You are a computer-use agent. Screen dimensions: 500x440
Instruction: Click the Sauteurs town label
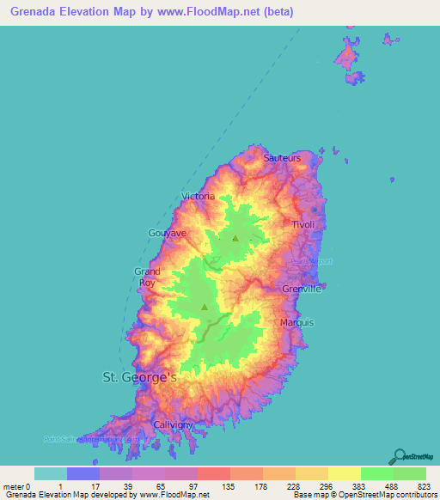point(282,158)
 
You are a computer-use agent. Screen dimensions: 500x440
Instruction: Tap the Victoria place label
point(198,197)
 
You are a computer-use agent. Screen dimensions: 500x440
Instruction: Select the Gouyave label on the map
point(168,233)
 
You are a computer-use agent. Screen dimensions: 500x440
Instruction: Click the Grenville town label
point(302,290)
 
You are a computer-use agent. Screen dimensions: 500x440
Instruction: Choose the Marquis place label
point(297,323)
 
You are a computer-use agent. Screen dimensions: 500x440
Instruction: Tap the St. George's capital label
point(139,377)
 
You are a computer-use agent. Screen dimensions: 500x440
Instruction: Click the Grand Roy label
point(147,277)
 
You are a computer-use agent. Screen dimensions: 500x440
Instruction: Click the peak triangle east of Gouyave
point(235,239)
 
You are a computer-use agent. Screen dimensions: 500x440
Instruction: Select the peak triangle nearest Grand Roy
point(205,307)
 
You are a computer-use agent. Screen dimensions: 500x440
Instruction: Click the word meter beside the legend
point(14,485)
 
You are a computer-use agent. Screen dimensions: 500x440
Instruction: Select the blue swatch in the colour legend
point(82,473)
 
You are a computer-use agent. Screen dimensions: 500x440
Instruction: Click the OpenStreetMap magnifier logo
point(398,455)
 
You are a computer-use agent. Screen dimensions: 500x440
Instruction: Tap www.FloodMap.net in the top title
point(248,11)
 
